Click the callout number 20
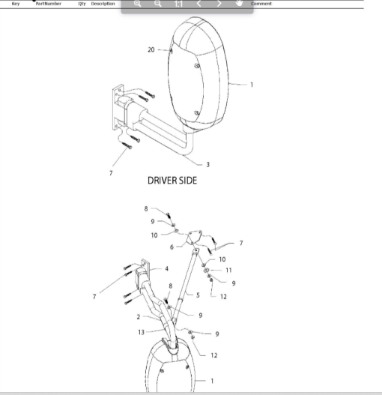tap(151, 50)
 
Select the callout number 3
tap(207, 164)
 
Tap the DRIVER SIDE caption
tap(172, 181)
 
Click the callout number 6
tap(172, 247)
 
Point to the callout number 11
tap(228, 271)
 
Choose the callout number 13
tap(142, 332)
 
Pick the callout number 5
tap(198, 295)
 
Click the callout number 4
tap(167, 269)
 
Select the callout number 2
tap(139, 317)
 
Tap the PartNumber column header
tap(49, 4)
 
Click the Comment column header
tap(261, 4)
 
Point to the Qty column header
tap(82, 4)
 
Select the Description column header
tap(103, 4)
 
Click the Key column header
tap(16, 4)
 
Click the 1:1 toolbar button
tap(178, 4)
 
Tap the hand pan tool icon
tap(239, 3)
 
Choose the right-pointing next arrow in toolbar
tap(219, 4)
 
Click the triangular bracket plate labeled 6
tap(194, 237)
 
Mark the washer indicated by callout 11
tap(206, 270)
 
